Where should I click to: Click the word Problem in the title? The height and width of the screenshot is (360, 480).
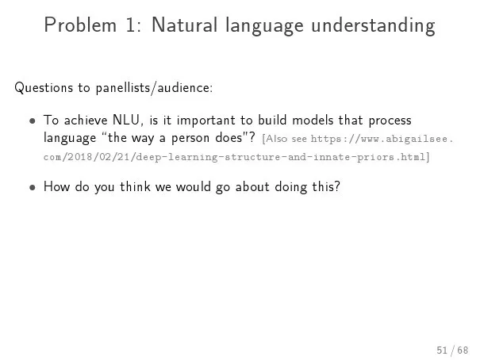pyautogui.click(x=80, y=25)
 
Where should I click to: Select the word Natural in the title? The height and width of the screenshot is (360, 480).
pyautogui.click(x=185, y=25)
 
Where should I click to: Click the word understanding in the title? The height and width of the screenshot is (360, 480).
pyautogui.click(x=373, y=26)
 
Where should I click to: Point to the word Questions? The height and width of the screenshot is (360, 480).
pyautogui.click(x=44, y=88)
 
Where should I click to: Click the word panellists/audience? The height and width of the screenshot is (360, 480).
pyautogui.click(x=154, y=88)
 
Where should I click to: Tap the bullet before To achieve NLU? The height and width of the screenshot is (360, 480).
pyautogui.click(x=33, y=121)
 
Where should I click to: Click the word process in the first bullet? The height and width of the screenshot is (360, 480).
pyautogui.click(x=390, y=121)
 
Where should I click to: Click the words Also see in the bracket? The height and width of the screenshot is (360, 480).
pyautogui.click(x=285, y=139)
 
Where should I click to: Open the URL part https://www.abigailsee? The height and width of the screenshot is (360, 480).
pyautogui.click(x=382, y=139)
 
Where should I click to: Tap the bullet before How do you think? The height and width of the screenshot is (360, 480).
pyautogui.click(x=33, y=187)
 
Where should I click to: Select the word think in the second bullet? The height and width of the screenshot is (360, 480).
pyautogui.click(x=135, y=186)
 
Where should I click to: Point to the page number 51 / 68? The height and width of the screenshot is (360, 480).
pyautogui.click(x=452, y=350)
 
